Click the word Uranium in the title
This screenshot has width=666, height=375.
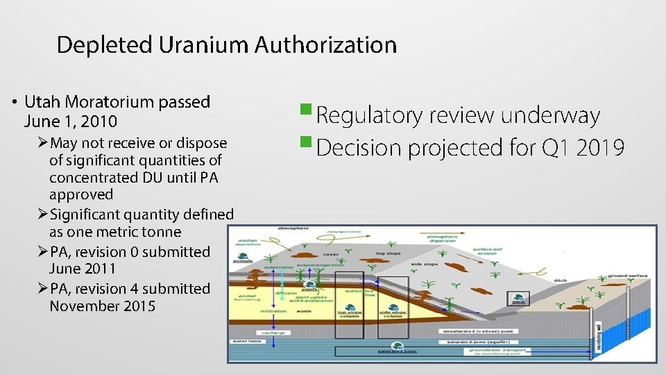pyautogui.click(x=203, y=45)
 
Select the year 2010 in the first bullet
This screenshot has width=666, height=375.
pyautogui.click(x=99, y=122)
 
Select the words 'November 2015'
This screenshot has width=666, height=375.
pyautogui.click(x=103, y=306)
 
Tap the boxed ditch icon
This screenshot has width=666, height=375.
pyautogui.click(x=518, y=299)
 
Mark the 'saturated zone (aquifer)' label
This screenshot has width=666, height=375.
pyautogui.click(x=481, y=341)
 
